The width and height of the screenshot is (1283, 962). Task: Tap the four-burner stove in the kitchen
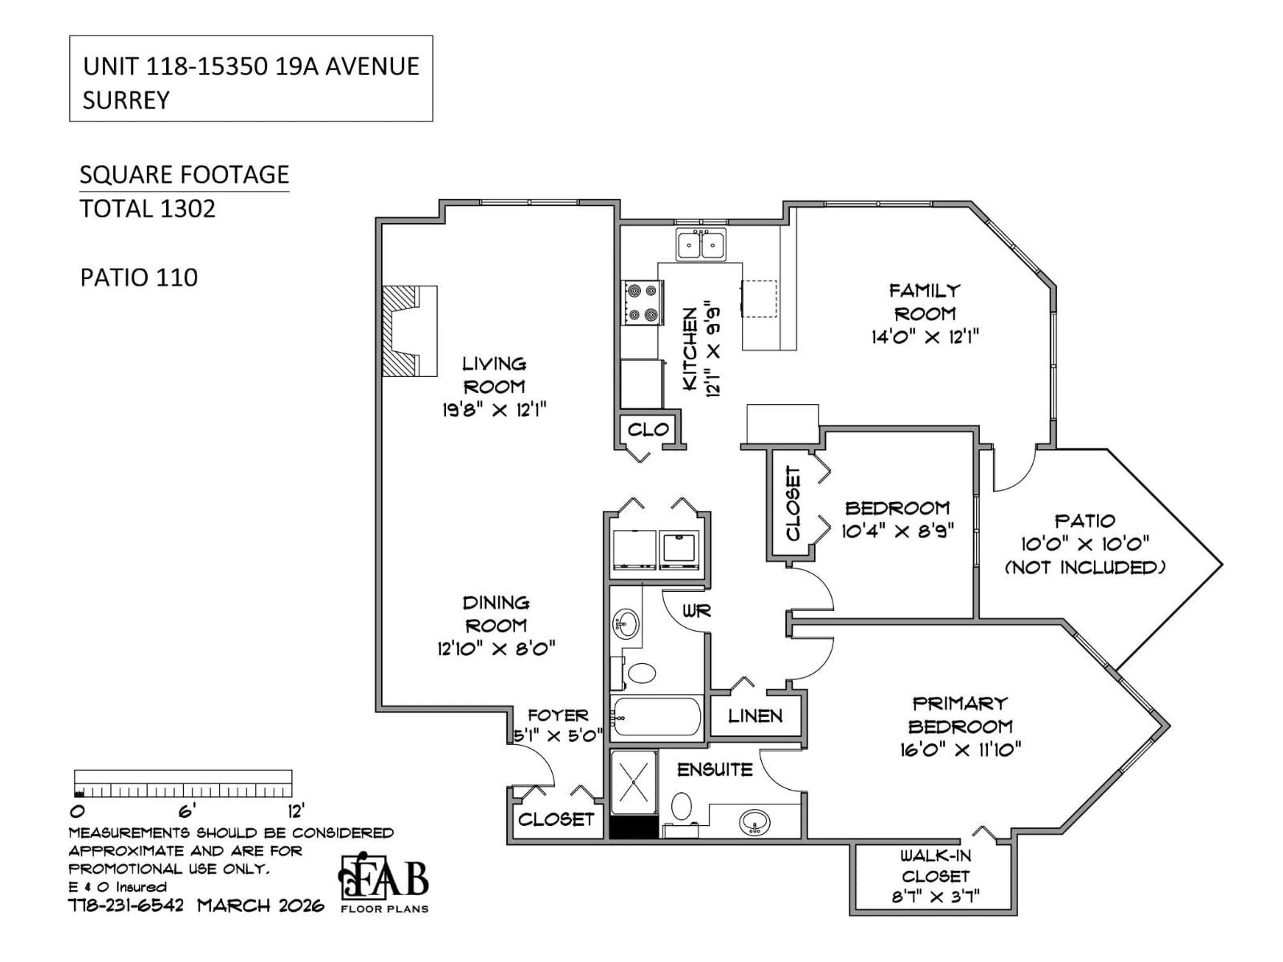[642, 302]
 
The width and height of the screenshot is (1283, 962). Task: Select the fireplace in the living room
[409, 331]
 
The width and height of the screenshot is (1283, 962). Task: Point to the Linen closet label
[755, 716]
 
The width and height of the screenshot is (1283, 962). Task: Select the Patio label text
[1085, 521]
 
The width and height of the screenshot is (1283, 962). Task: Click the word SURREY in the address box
[126, 100]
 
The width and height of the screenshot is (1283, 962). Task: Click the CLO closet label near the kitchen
[648, 430]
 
